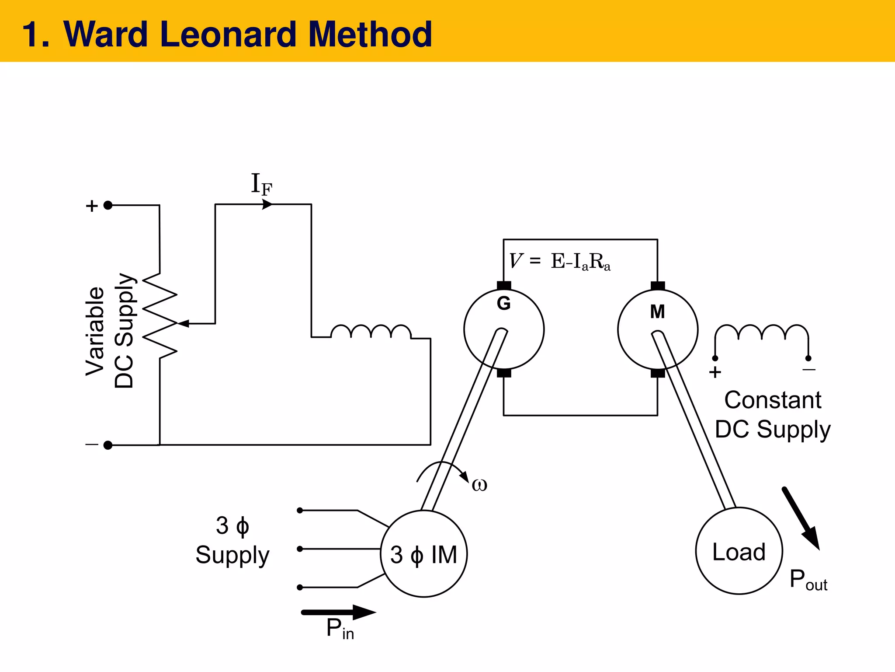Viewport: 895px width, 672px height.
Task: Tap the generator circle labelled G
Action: click(504, 329)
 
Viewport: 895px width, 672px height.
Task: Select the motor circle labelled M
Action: click(657, 329)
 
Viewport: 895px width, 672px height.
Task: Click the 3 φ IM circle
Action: click(423, 554)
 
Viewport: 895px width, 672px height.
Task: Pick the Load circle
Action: click(739, 551)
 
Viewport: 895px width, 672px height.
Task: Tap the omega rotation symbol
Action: click(479, 484)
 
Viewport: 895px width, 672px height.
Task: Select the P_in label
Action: click(340, 629)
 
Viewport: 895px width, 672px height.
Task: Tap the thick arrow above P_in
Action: click(338, 612)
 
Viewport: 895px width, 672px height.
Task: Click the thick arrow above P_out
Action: click(801, 518)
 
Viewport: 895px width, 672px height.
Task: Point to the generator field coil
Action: click(371, 331)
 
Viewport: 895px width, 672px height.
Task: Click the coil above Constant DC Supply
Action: click(762, 332)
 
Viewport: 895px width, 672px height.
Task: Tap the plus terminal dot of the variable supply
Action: click(108, 205)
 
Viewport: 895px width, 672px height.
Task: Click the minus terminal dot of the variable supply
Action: click(108, 445)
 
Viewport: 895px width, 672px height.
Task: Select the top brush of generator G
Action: click(504, 286)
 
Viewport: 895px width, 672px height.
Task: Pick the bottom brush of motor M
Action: click(657, 373)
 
